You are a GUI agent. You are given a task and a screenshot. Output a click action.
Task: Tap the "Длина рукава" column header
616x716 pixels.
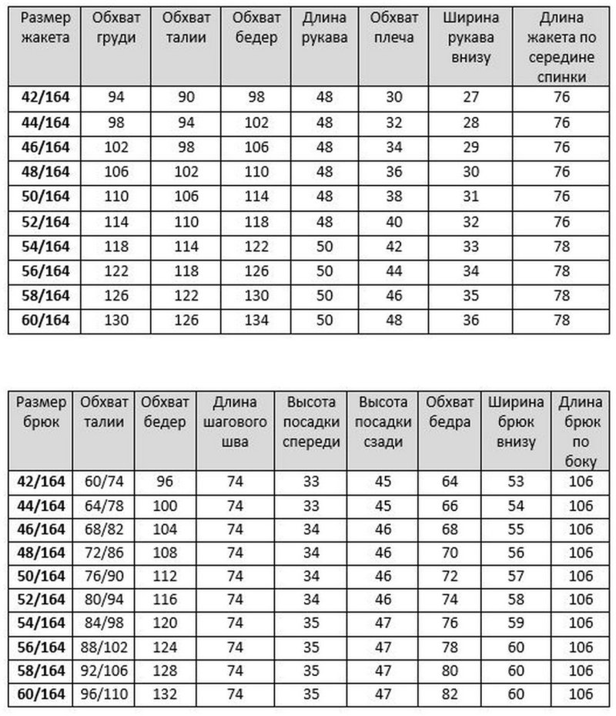pyautogui.click(x=323, y=28)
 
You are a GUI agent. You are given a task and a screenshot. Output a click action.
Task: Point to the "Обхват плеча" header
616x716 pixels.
pyautogui.click(x=394, y=28)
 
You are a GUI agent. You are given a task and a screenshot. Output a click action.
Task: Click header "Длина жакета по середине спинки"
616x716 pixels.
pyautogui.click(x=561, y=47)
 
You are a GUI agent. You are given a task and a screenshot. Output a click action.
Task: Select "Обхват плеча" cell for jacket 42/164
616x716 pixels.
pyautogui.click(x=393, y=96)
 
